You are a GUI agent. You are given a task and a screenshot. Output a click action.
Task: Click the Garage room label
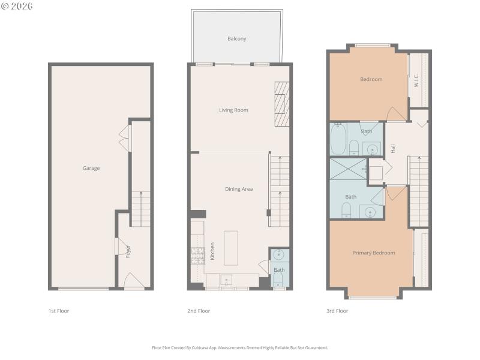click(91, 168)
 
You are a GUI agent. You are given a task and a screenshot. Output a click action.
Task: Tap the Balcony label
click(236, 39)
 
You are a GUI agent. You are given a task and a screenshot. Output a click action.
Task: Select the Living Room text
click(233, 110)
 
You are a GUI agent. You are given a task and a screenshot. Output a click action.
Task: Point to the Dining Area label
click(238, 189)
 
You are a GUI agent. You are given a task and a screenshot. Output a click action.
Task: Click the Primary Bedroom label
click(373, 253)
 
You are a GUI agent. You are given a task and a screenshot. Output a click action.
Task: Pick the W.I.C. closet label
click(416, 80)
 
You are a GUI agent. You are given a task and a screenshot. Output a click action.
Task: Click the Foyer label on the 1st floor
click(128, 251)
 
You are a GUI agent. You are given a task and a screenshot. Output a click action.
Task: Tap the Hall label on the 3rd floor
click(393, 148)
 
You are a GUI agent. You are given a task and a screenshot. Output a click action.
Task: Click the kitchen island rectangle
click(231, 248)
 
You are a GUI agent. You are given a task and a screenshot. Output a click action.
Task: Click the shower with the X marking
click(347, 169)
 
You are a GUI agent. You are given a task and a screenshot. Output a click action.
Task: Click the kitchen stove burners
click(196, 257)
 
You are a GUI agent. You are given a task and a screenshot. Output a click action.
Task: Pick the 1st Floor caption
click(59, 311)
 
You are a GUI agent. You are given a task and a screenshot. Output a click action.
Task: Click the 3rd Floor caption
click(337, 311)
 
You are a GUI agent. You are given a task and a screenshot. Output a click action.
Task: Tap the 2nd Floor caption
click(199, 311)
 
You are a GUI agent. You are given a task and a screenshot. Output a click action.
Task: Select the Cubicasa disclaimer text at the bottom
click(239, 347)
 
